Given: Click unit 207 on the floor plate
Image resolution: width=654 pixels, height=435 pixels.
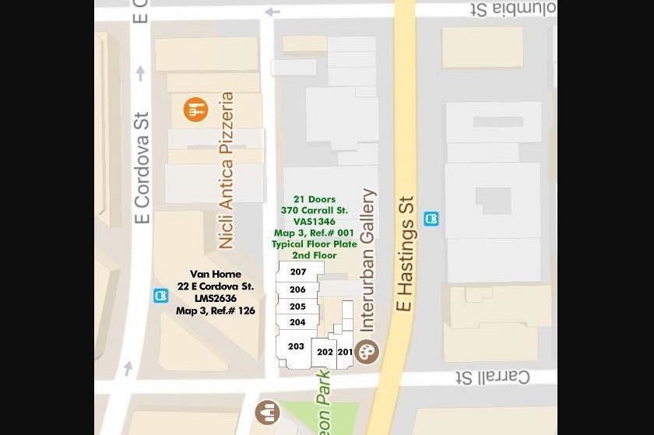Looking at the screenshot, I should coord(297,272).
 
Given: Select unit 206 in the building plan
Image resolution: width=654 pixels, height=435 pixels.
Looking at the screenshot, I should coord(297,289).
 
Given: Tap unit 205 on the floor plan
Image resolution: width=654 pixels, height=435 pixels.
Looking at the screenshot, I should coord(297,307).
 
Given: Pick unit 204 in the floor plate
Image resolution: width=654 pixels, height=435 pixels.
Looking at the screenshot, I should coord(297,322).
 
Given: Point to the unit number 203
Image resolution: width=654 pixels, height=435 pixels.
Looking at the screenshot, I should coord(296,346).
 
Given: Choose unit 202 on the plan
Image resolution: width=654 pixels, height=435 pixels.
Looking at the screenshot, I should coord(325,352).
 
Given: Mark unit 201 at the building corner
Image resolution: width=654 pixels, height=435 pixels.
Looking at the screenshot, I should coord(345,352).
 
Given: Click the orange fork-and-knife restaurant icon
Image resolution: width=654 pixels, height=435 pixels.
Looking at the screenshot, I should coord(196,110).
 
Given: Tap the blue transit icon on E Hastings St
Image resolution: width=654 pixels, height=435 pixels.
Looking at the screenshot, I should coord(431,219).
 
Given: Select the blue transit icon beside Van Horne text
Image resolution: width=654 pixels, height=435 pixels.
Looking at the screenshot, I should coord(160,296).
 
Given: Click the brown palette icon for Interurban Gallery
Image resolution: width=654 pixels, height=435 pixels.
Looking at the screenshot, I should coord(367,350).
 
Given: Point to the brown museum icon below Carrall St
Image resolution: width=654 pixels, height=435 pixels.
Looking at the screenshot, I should coord(267,411).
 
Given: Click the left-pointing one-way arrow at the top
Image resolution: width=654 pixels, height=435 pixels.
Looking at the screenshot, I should coord(272,12).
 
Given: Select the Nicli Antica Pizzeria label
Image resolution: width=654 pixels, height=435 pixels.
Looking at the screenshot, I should coord(226,170).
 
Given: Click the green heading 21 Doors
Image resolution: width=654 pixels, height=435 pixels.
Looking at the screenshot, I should coord(315,199).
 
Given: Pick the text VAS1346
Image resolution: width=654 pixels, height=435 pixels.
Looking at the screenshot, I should coord(315,222).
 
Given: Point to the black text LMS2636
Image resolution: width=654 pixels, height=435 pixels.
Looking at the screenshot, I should coord(216,298).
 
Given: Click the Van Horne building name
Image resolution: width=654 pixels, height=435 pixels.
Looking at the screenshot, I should coord(216,274).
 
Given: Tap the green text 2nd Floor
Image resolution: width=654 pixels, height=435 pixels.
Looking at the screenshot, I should coord(315,255).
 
